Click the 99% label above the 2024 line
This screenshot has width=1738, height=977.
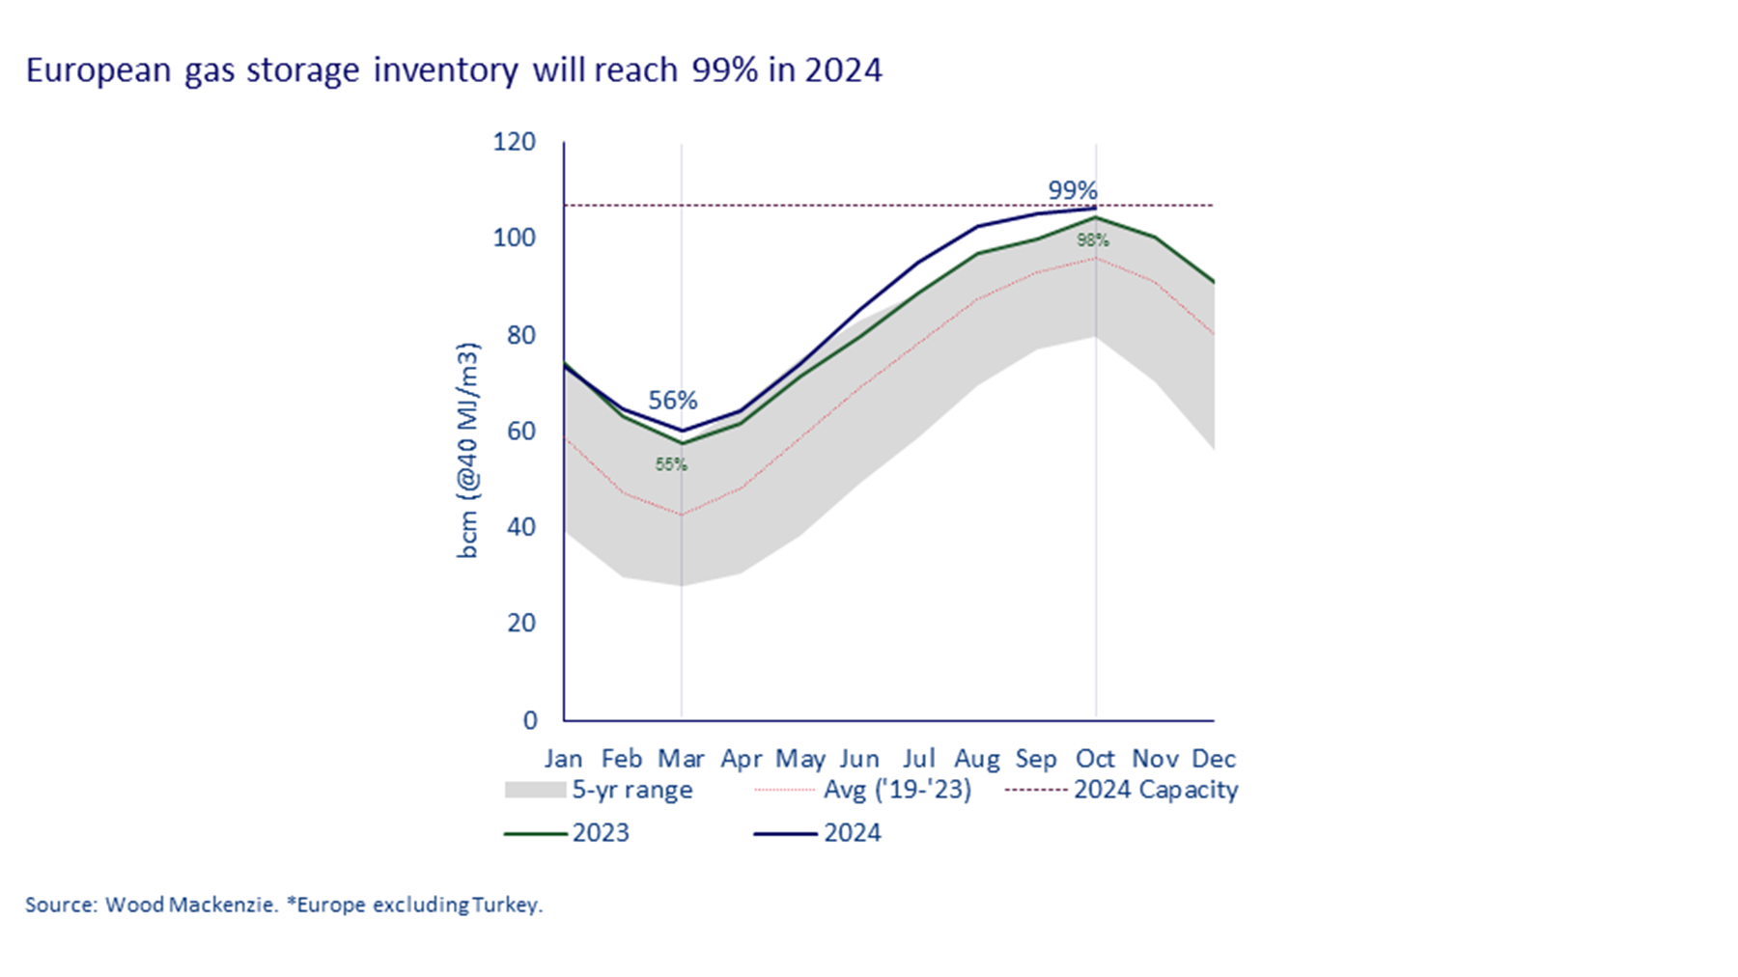click(1073, 190)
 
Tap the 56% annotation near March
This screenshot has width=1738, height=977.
click(672, 400)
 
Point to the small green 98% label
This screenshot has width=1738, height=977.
click(1092, 240)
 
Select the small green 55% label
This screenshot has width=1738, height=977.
click(671, 464)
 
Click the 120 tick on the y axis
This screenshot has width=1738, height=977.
click(514, 142)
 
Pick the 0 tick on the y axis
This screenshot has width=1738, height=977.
click(530, 720)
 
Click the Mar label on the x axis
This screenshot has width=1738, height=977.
click(681, 759)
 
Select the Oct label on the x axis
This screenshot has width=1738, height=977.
click(1095, 759)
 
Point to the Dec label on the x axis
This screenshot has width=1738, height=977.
click(1214, 759)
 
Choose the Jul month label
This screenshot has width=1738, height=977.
click(918, 759)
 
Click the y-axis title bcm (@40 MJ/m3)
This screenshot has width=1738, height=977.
click(467, 450)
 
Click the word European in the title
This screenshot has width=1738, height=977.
click(98, 70)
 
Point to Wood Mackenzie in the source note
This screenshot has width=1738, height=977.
click(191, 906)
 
